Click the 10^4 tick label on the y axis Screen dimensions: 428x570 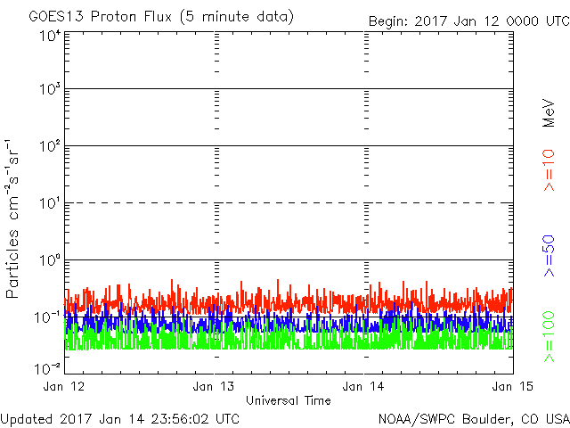point(49,36)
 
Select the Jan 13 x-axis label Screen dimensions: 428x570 point(215,386)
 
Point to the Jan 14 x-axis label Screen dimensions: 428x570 point(364,386)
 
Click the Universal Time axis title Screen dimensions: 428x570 point(288,400)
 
